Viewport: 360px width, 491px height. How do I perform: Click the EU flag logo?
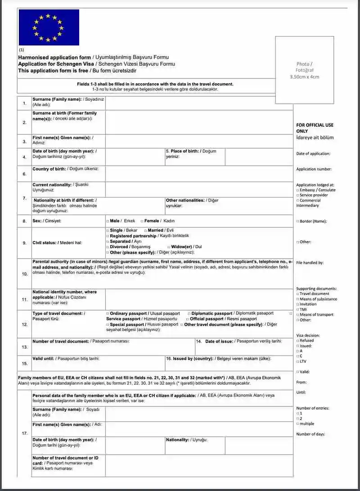(x=49, y=27)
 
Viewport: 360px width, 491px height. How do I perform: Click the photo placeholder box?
(x=304, y=70)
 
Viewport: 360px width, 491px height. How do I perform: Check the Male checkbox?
(x=108, y=221)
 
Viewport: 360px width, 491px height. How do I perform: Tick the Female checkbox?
(x=142, y=221)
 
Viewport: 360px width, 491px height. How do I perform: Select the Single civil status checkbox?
(x=108, y=230)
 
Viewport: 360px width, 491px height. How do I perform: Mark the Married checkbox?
(x=145, y=230)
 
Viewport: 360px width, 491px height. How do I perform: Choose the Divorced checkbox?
(x=108, y=247)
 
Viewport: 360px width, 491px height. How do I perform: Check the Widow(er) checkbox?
(x=168, y=247)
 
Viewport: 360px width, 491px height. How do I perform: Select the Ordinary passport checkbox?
(x=108, y=313)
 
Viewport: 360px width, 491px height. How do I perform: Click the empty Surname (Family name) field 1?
(x=199, y=103)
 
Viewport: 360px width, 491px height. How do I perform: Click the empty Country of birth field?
(x=199, y=174)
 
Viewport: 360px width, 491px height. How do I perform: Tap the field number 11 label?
(x=24, y=299)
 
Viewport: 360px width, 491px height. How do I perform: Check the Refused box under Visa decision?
(x=298, y=341)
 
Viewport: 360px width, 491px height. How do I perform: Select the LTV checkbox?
(x=298, y=362)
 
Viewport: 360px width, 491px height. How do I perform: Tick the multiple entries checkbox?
(x=298, y=424)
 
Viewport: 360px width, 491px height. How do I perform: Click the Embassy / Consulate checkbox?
(x=298, y=190)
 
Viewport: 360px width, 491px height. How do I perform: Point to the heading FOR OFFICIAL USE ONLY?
(x=315, y=128)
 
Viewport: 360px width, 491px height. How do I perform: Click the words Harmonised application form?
(x=54, y=58)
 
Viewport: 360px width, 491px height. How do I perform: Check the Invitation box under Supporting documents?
(x=298, y=304)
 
